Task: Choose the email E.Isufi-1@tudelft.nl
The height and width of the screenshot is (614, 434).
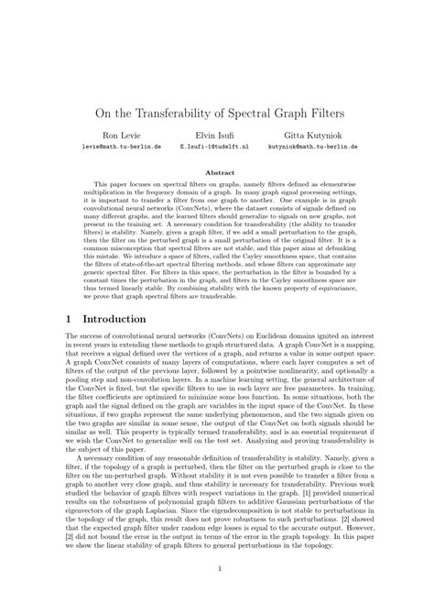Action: [x=214, y=146]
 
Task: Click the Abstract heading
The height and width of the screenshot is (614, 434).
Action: [x=217, y=171]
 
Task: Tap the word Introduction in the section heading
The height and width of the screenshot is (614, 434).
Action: [x=114, y=319]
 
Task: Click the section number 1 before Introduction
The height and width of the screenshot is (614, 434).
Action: [x=69, y=319]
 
